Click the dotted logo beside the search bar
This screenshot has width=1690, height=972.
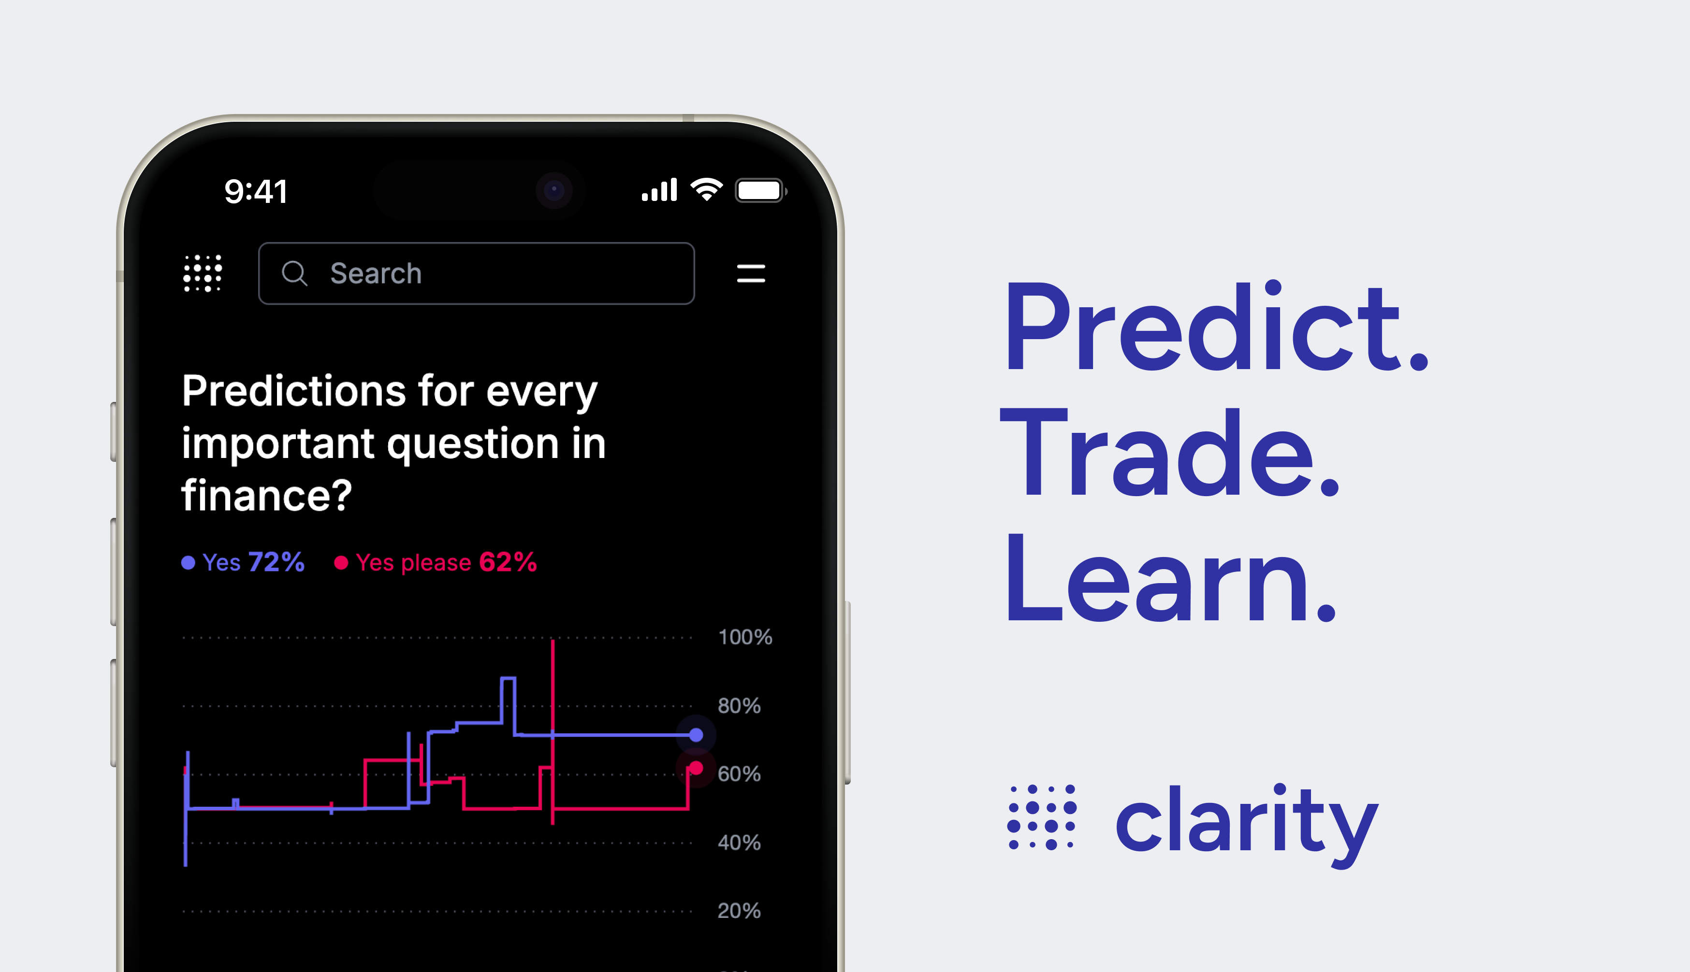[x=203, y=273]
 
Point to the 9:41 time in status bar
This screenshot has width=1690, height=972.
[x=256, y=192]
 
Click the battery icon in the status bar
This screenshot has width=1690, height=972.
[x=759, y=191]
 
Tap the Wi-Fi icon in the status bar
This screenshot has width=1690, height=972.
[x=706, y=190]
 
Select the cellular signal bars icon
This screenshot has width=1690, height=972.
[x=659, y=190]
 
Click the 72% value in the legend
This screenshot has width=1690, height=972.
[x=276, y=562]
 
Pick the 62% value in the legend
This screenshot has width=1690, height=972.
[x=508, y=562]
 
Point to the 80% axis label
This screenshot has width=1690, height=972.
[x=739, y=706]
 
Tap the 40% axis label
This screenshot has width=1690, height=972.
[x=739, y=843]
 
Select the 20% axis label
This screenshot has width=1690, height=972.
[x=739, y=911]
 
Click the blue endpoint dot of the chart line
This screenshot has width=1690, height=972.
[x=696, y=735]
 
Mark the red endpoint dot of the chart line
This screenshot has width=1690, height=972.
[x=696, y=769]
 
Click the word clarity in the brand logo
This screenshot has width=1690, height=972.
[x=1246, y=822]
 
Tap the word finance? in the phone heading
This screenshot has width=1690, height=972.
[x=266, y=496]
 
